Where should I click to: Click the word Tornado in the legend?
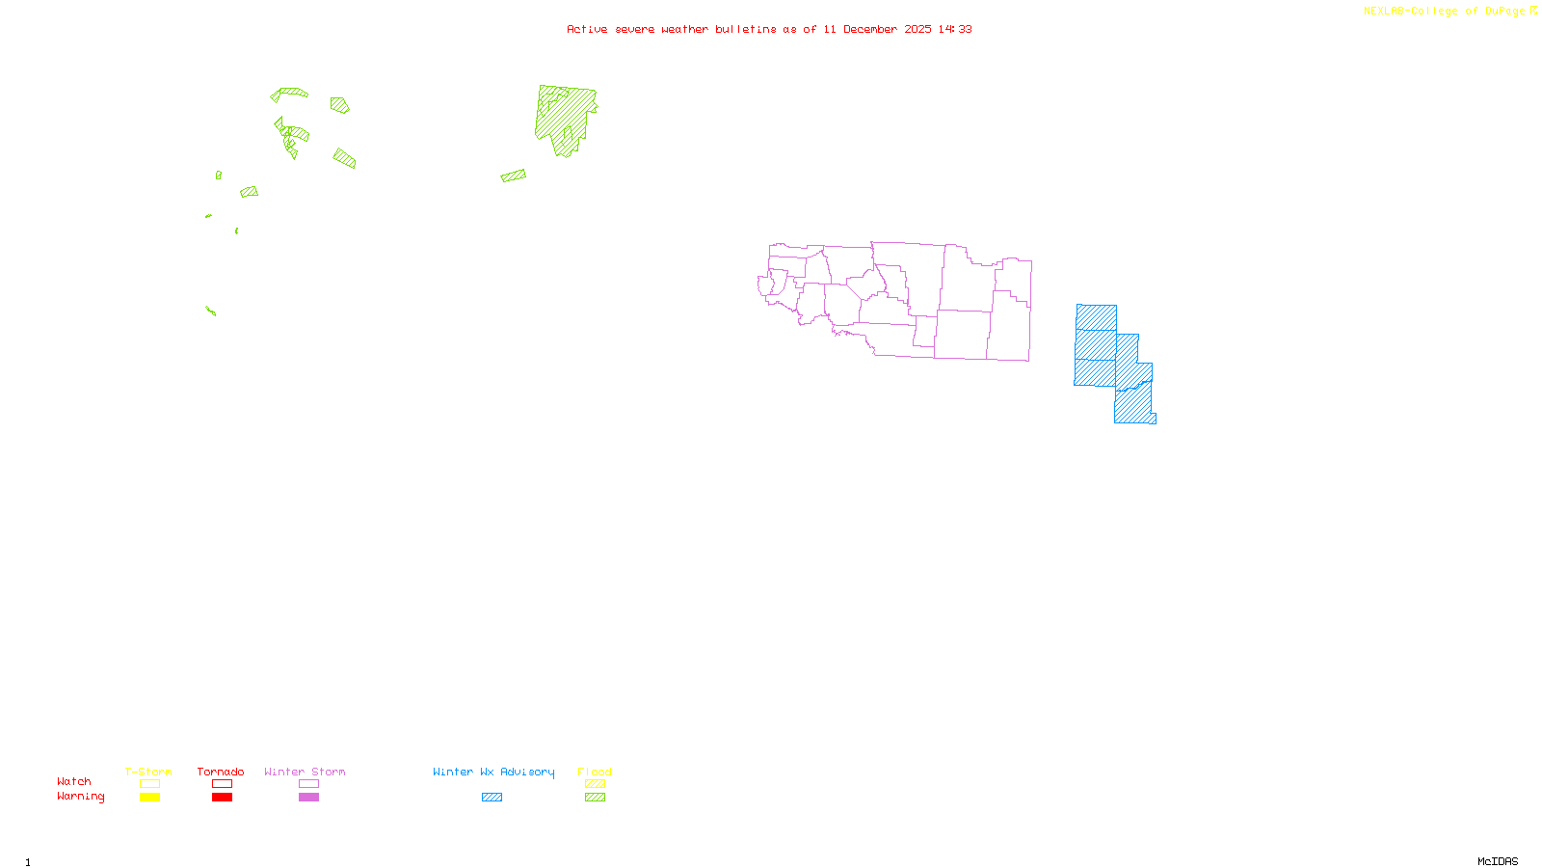coord(221,772)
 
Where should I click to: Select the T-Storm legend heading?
coord(148,772)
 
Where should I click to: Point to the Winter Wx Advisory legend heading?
coord(493,772)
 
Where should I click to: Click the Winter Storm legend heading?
coord(305,772)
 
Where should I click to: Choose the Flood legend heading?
coord(595,772)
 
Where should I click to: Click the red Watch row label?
coord(74,782)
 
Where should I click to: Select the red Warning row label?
coord(80,797)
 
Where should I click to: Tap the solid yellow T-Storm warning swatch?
coord(149,798)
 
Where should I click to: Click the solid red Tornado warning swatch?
coord(222,798)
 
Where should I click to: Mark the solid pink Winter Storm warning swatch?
coord(308,798)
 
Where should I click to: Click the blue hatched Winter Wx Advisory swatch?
coord(492,798)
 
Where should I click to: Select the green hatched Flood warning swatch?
coord(596,798)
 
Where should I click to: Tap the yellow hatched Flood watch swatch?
coord(596,784)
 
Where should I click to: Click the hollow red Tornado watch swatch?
coord(222,784)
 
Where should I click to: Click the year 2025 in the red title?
coord(917,29)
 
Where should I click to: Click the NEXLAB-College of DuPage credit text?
coord(1444,11)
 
